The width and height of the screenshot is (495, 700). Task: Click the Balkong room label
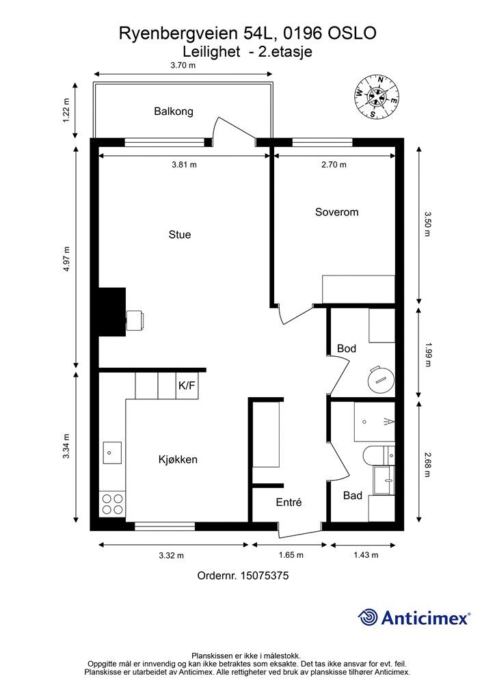pyautogui.click(x=173, y=111)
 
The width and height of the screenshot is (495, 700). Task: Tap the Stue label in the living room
pyautogui.click(x=179, y=235)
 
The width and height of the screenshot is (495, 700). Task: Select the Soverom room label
pyautogui.click(x=336, y=212)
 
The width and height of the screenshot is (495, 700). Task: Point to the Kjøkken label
pyautogui.click(x=178, y=459)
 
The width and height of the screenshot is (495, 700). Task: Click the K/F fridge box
pyautogui.click(x=187, y=386)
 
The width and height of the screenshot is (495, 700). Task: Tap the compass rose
pyautogui.click(x=377, y=97)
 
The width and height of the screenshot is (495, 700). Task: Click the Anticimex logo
pyautogui.click(x=414, y=617)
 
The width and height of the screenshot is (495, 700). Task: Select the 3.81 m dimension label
pyautogui.click(x=184, y=165)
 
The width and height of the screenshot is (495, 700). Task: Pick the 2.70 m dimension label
pyautogui.click(x=334, y=165)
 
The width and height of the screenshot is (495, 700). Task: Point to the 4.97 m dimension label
pyautogui.click(x=66, y=259)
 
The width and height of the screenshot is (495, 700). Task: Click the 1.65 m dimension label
pyautogui.click(x=291, y=555)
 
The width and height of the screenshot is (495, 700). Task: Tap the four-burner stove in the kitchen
pyautogui.click(x=113, y=504)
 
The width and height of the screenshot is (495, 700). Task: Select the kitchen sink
pyautogui.click(x=112, y=453)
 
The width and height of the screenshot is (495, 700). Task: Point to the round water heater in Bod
pyautogui.click(x=381, y=380)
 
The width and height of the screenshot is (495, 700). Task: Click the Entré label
pyautogui.click(x=289, y=502)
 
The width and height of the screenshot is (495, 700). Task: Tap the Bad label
pyautogui.click(x=353, y=496)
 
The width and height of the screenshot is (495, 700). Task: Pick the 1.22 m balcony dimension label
pyautogui.click(x=66, y=111)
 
